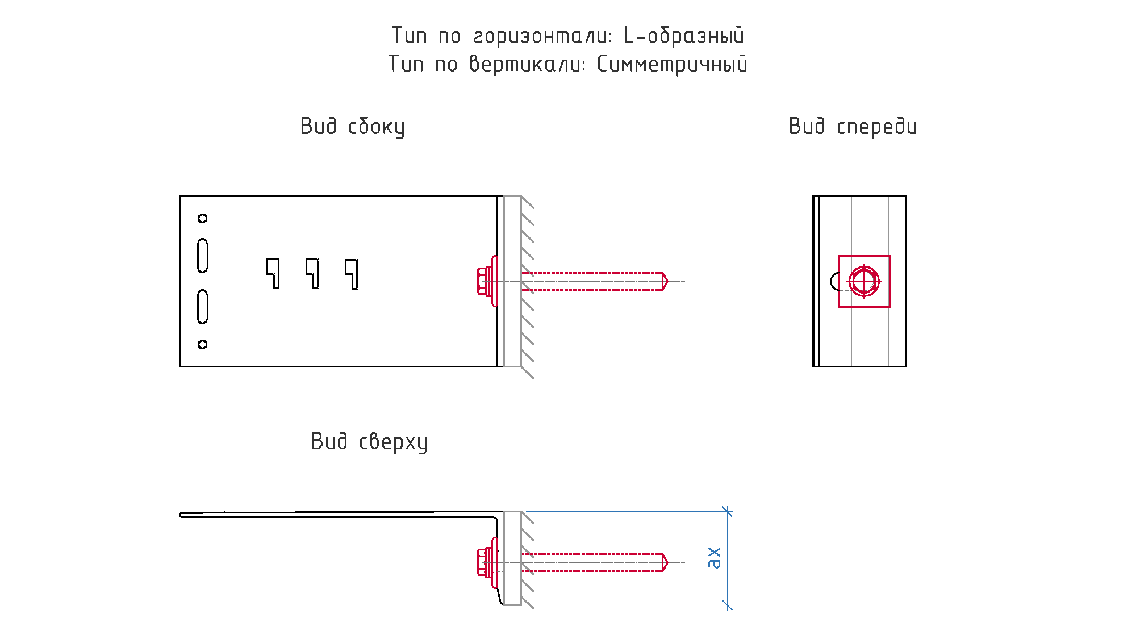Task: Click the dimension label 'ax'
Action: point(714,558)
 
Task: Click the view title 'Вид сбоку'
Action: point(353,127)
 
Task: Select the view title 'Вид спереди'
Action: point(853,127)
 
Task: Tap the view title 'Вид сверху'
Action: point(369,442)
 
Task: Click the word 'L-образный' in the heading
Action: point(684,36)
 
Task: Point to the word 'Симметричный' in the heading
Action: point(672,64)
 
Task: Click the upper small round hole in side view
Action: point(202,218)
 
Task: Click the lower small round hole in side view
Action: point(202,344)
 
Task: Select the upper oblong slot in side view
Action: point(202,256)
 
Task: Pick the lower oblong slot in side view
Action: point(202,307)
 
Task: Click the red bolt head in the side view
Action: point(485,281)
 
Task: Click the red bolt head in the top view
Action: point(485,562)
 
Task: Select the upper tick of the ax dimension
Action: point(727,511)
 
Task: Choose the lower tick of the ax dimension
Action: point(727,605)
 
